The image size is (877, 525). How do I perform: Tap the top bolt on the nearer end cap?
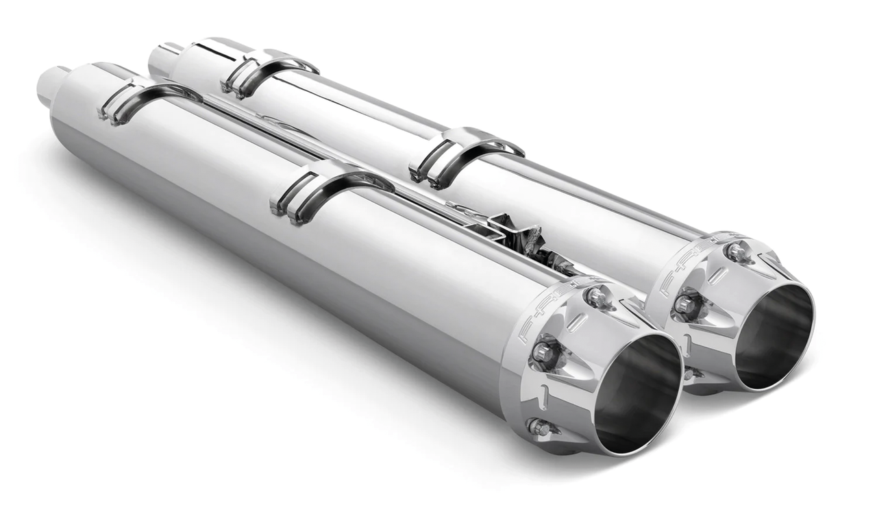click(x=596, y=297)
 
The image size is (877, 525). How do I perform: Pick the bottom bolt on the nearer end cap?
click(x=540, y=428)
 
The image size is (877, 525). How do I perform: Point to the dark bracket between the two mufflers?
click(x=528, y=243)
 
